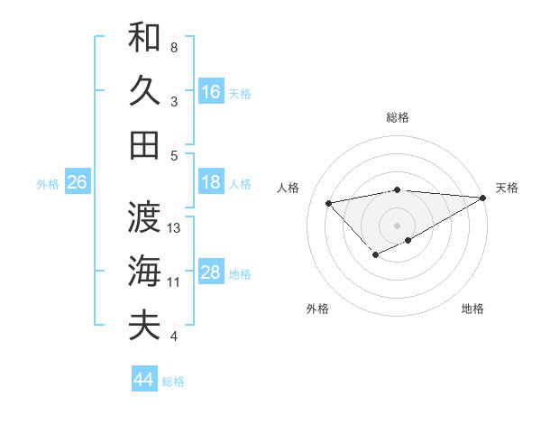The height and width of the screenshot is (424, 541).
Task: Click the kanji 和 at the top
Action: coord(144,37)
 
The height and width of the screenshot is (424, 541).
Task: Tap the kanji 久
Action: coord(144,91)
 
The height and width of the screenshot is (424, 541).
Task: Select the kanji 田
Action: coord(144,144)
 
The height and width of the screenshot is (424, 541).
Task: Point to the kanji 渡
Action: coord(144,217)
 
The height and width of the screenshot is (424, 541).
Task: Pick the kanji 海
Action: coord(144,272)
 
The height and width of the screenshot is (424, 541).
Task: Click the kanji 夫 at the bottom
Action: coord(144,325)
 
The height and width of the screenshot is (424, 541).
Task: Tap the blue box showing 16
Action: coord(211,91)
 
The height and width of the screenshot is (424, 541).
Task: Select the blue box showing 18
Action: coord(211,182)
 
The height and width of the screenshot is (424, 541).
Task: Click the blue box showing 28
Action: coord(211,272)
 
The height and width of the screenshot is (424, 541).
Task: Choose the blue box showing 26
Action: coord(77,182)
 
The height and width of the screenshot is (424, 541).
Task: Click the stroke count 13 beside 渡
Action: coord(175,228)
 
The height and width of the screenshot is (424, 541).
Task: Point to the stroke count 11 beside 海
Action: coord(174,282)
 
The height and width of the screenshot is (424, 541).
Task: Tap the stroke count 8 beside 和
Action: coord(174,47)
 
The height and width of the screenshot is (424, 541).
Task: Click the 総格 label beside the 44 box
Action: coord(173,382)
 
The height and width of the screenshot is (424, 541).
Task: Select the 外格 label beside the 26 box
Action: coord(48,184)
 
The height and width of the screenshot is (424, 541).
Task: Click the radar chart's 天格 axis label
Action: coord(507,188)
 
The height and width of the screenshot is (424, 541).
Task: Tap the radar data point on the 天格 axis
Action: coord(484,198)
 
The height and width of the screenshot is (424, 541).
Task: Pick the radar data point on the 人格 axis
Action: coord(328,202)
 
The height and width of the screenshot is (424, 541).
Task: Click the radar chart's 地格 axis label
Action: coord(472,309)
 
